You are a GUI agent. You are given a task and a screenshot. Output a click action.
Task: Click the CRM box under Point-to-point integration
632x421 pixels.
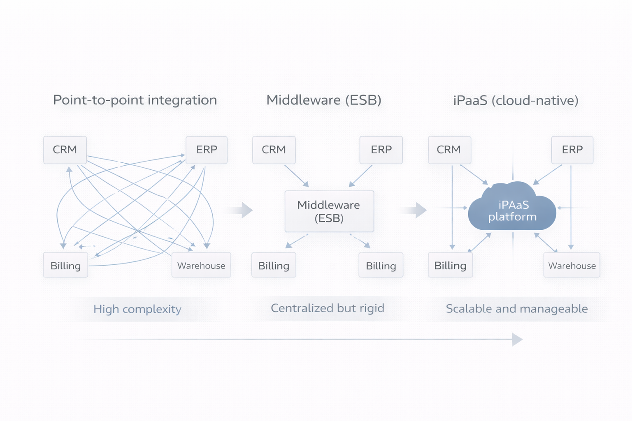(65, 150)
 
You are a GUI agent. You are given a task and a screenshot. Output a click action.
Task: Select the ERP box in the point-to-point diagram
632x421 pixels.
(207, 150)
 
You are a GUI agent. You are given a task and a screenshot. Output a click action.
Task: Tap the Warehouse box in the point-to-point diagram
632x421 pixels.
(201, 265)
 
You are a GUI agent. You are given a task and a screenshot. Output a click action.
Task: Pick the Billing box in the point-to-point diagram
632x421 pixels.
(65, 265)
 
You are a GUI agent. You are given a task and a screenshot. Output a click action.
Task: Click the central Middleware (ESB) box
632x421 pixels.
(329, 211)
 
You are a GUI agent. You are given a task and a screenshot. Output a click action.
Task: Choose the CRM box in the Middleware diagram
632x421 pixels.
(274, 150)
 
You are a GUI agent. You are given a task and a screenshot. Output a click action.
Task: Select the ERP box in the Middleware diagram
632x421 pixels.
(381, 150)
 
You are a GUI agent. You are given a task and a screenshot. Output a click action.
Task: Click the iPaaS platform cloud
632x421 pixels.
(512, 210)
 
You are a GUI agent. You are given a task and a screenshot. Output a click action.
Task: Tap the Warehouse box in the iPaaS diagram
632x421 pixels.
(572, 265)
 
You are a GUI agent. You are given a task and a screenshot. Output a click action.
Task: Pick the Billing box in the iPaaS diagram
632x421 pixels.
(450, 265)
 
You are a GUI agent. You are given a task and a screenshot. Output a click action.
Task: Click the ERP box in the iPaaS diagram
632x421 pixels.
(572, 150)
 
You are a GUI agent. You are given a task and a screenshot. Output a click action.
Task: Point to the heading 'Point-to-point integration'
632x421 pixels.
(135, 100)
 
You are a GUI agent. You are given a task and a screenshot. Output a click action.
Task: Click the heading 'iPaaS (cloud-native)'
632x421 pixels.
(516, 100)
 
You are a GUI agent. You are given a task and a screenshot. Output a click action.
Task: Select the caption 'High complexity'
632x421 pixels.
(137, 309)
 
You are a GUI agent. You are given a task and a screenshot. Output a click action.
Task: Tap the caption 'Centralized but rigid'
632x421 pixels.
(328, 308)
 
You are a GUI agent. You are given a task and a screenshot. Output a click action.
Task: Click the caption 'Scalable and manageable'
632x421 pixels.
(517, 309)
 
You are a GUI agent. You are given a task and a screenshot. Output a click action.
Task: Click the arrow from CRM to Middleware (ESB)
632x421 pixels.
(296, 176)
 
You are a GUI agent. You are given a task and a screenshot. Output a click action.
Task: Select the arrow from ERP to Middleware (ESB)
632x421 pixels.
(360, 176)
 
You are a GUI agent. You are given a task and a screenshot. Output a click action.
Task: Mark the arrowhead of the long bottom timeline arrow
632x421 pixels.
(517, 340)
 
